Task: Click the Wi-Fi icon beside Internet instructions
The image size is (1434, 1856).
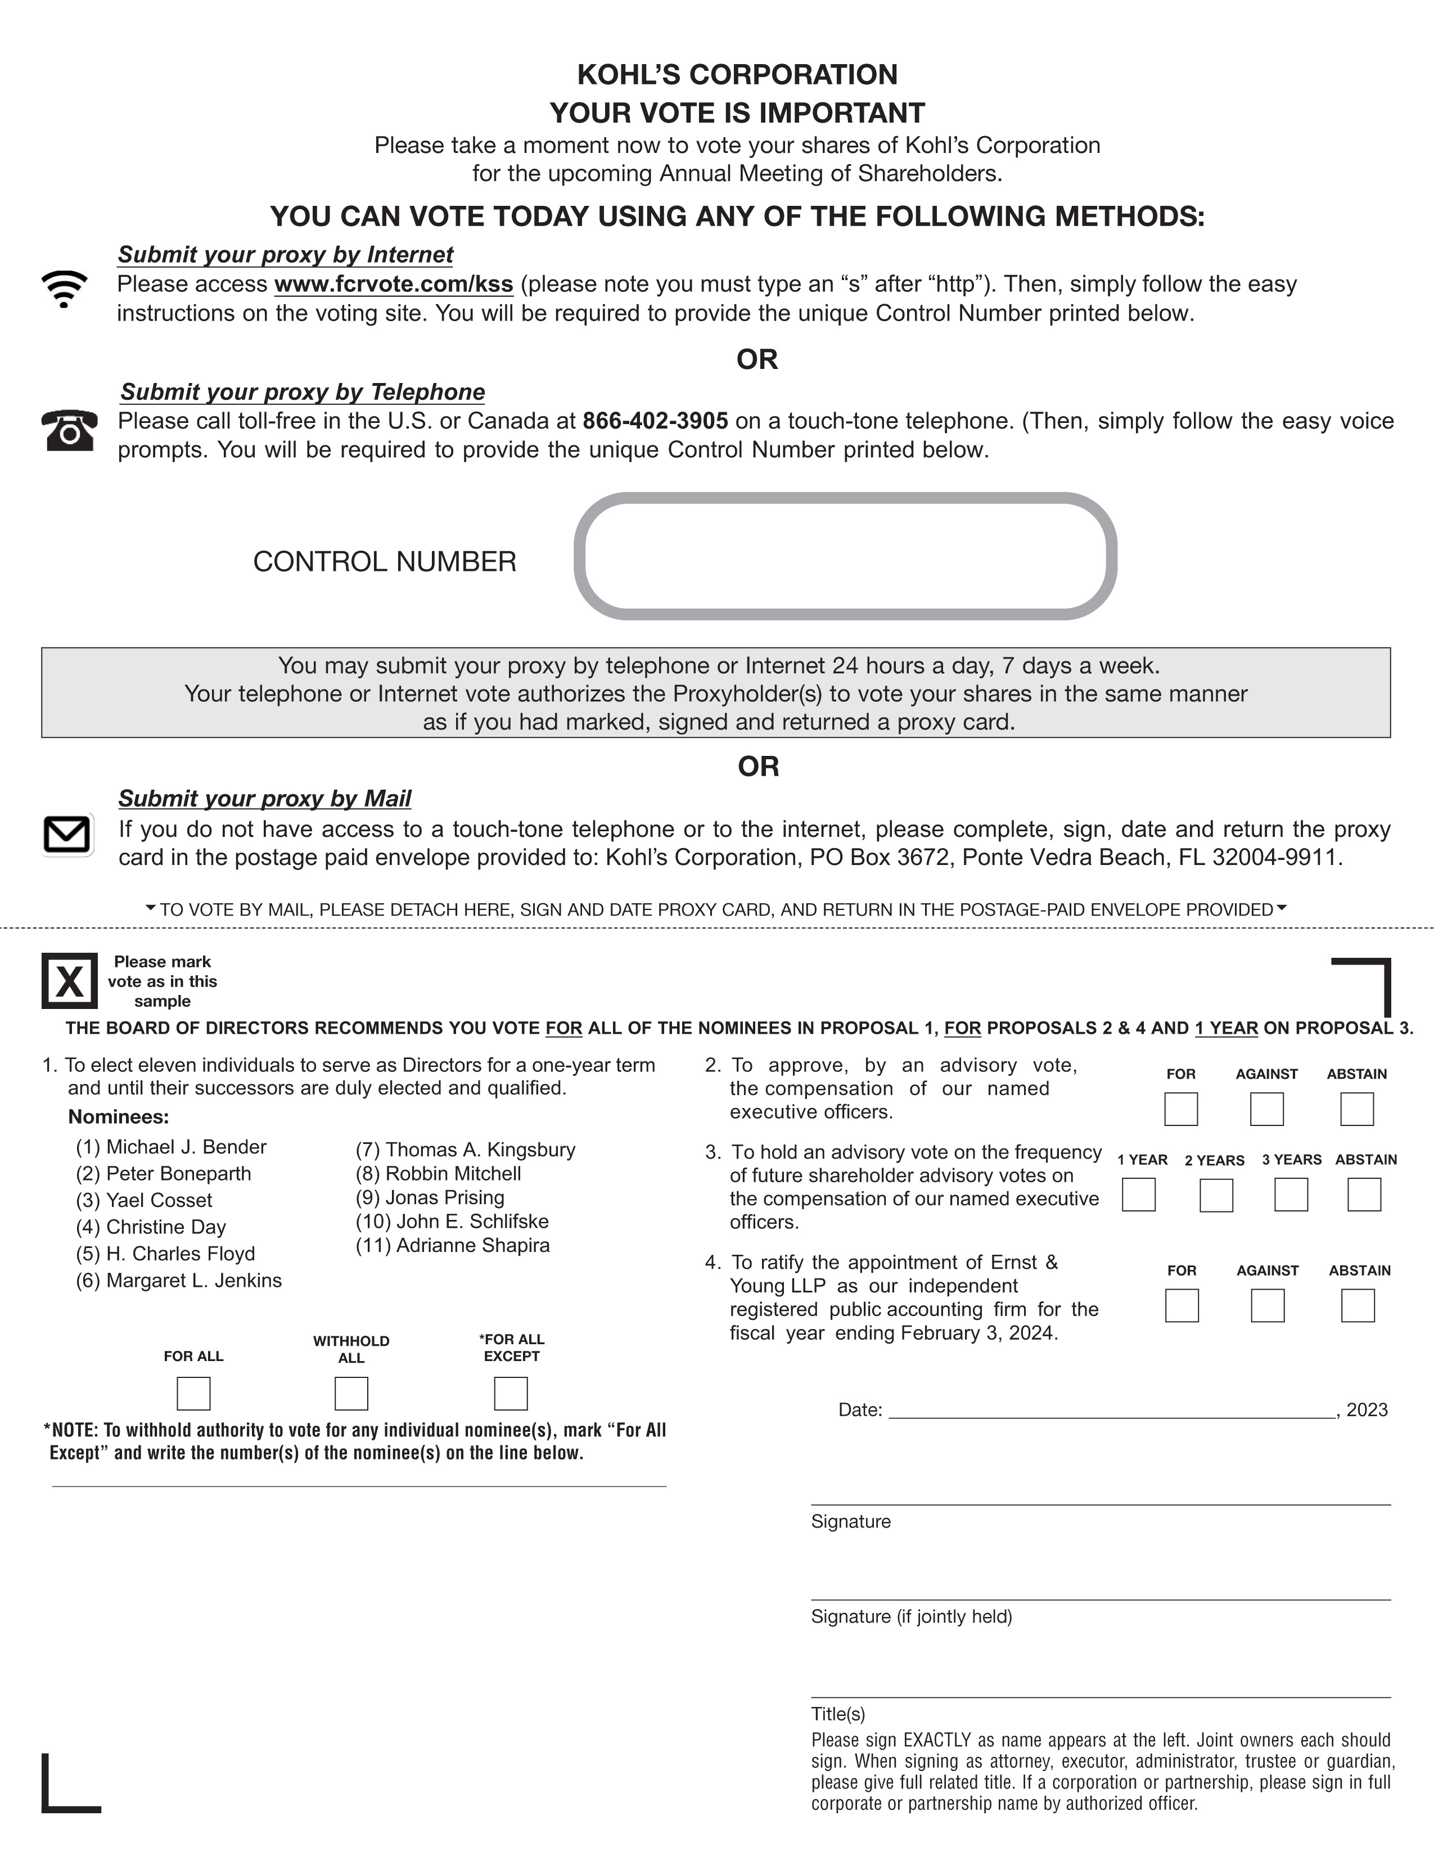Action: [64, 288]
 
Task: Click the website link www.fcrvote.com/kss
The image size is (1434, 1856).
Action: [393, 284]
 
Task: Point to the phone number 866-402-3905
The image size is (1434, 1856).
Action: [655, 421]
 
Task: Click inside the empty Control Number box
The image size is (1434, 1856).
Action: [845, 556]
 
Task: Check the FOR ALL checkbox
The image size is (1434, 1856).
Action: [193, 1394]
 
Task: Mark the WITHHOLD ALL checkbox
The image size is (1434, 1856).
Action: [351, 1394]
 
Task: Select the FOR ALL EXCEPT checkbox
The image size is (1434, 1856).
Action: [511, 1394]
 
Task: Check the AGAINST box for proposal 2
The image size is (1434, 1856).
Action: [1266, 1109]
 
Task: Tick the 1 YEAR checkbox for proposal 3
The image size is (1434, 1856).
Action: [1138, 1195]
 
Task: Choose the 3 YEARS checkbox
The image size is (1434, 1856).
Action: [1291, 1195]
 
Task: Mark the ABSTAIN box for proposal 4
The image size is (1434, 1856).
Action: [1358, 1305]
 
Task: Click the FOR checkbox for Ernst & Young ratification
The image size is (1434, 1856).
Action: [1182, 1305]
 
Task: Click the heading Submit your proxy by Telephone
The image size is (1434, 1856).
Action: [303, 392]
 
